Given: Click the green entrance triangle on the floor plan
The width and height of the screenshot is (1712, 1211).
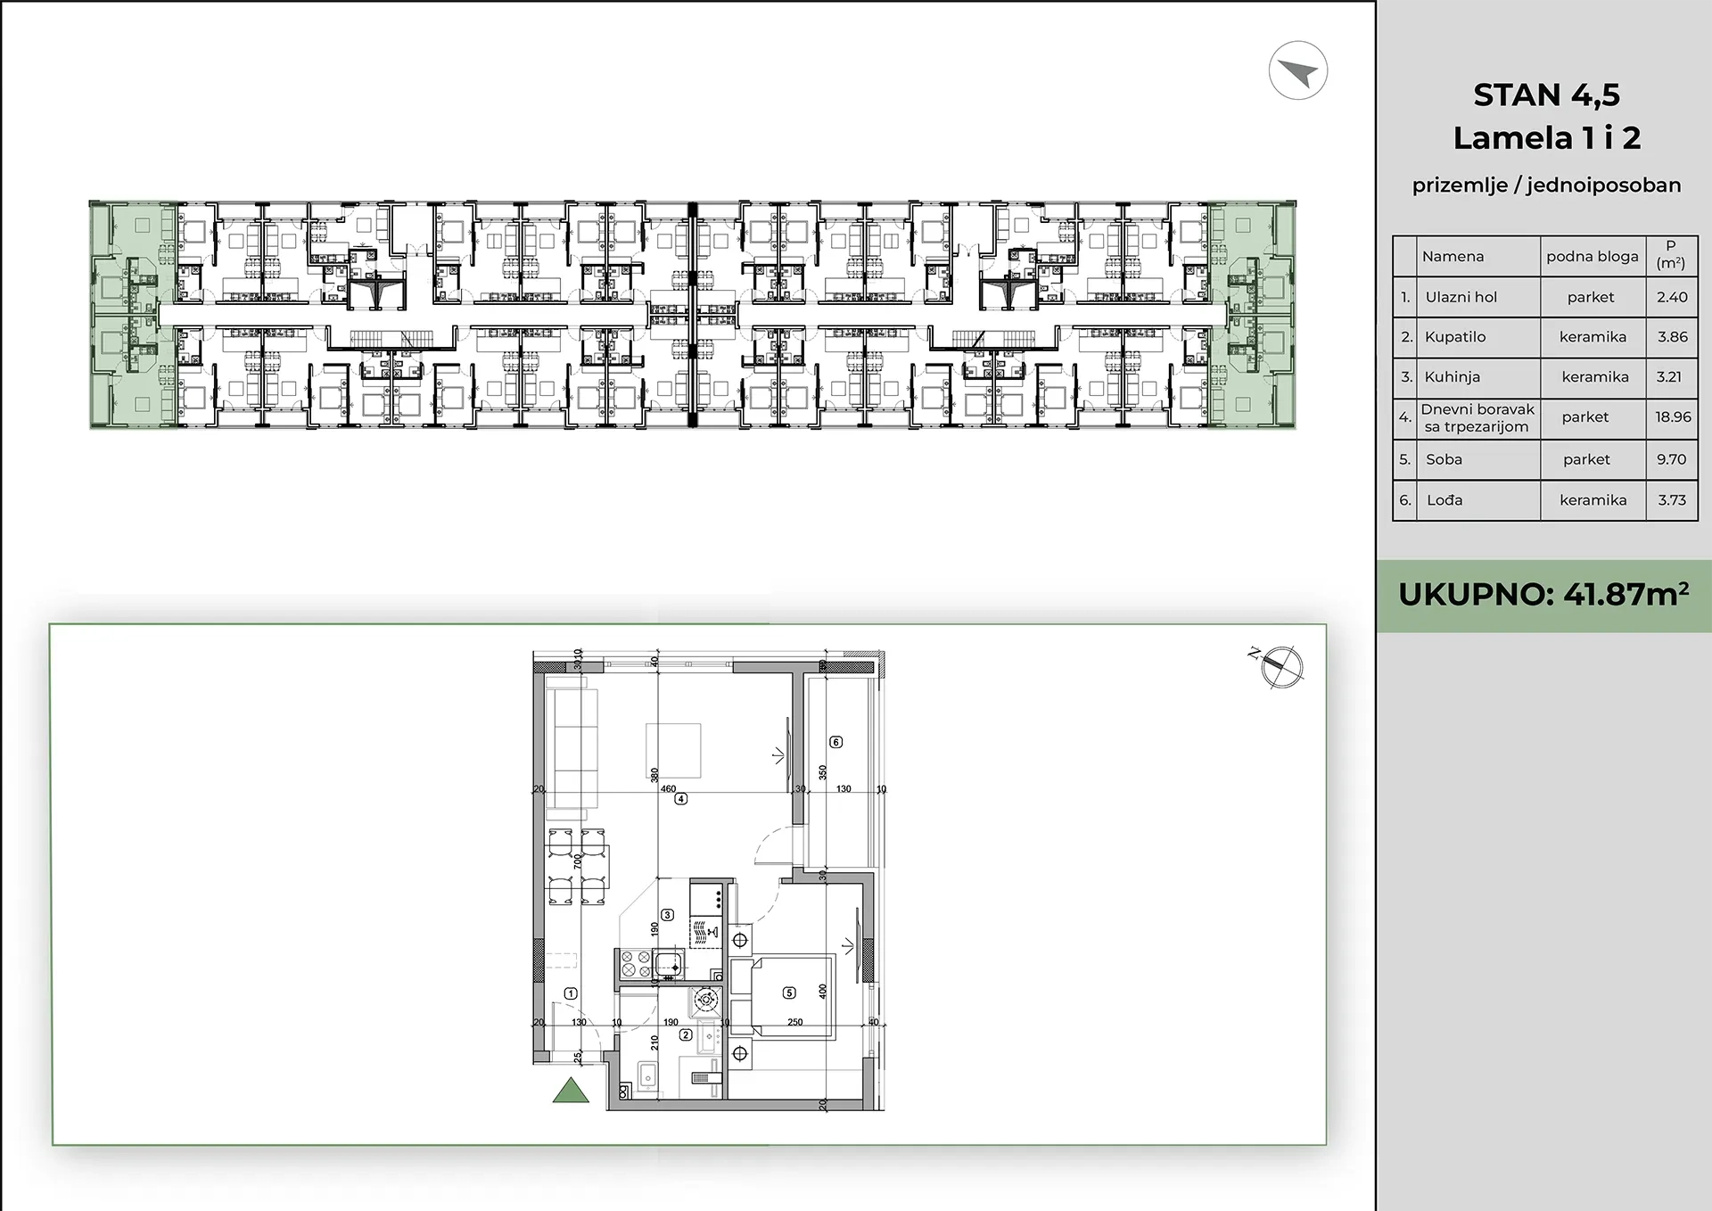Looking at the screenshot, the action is [571, 1092].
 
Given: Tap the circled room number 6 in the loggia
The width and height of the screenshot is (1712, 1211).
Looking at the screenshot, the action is [835, 742].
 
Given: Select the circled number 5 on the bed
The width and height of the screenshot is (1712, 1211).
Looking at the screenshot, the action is [788, 993].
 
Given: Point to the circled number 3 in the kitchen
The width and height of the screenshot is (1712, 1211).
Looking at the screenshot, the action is [667, 915].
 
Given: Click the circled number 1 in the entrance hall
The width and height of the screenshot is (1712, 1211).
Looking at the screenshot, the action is [571, 993].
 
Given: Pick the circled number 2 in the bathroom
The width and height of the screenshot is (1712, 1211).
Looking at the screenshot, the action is [686, 1035].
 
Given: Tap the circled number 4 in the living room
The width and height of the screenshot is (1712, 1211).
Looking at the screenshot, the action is [680, 800].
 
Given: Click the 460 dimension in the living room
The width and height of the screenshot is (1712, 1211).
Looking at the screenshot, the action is [668, 789].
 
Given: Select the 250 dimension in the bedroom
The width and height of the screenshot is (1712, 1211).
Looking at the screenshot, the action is [794, 1022].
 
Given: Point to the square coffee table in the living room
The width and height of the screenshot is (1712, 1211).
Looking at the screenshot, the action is [673, 751].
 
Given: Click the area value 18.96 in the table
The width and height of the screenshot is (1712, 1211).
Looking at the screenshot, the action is [1673, 416].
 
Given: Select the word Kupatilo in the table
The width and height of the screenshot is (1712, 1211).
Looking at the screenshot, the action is [1455, 337].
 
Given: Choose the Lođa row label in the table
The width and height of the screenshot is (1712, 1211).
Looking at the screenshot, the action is [1444, 500].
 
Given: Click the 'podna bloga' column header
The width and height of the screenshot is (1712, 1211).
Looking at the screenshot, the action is [1593, 257].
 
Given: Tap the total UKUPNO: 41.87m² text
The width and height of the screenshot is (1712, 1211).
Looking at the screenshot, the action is [1544, 595].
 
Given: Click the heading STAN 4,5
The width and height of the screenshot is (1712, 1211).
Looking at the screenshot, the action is [1547, 95].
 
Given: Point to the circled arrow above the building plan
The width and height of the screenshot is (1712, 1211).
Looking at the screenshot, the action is [1298, 70].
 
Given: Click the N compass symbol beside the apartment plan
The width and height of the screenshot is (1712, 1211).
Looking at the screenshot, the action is [1281, 666].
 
